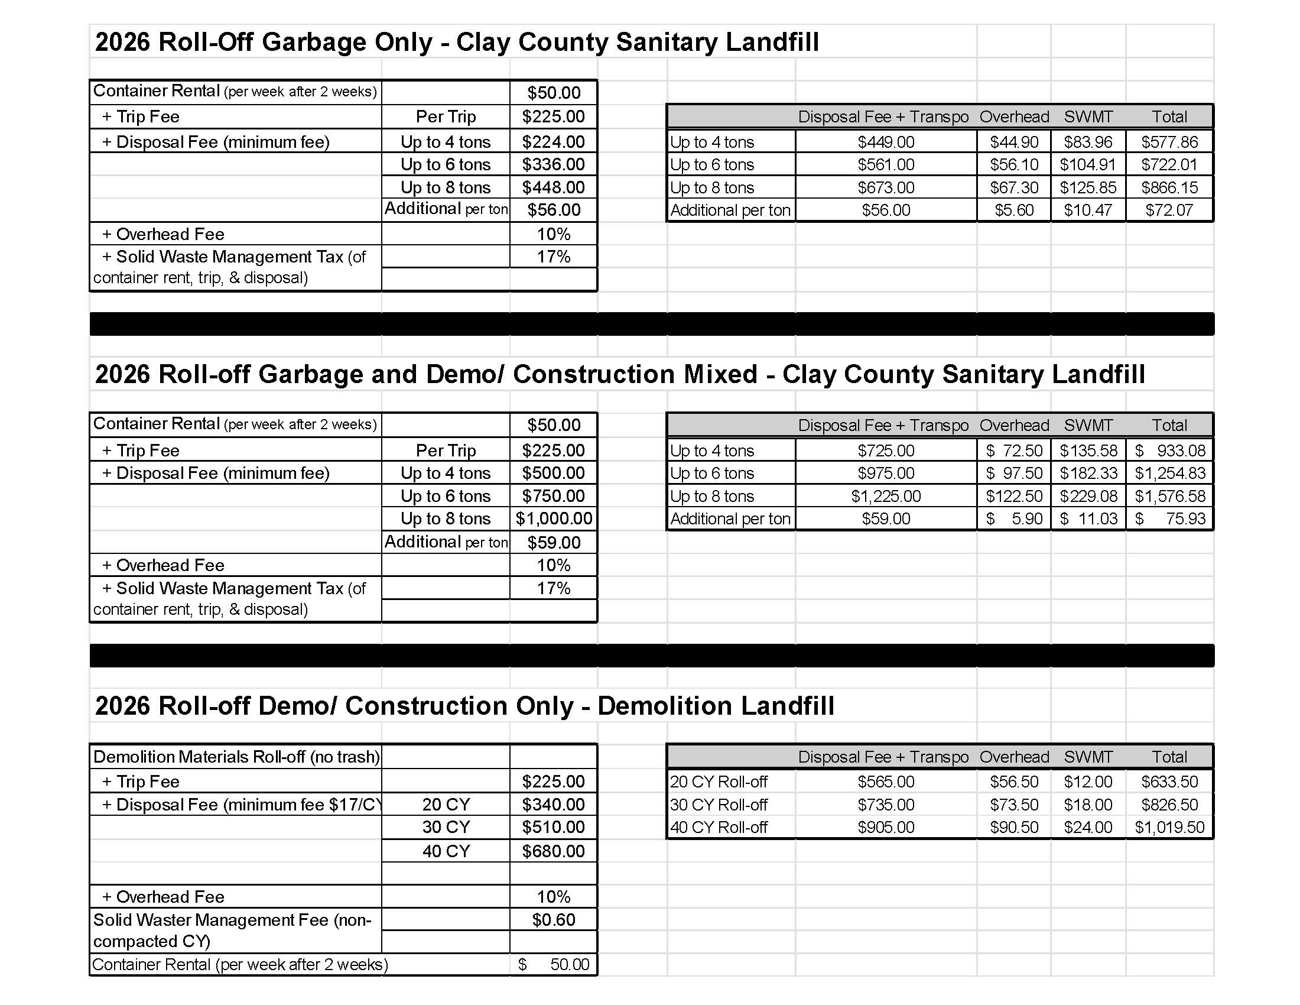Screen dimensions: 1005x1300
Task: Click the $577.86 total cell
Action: [x=1169, y=142]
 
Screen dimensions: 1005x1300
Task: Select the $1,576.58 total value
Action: [x=1169, y=496]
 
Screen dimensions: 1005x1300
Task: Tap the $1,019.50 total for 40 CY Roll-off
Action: [x=1169, y=827]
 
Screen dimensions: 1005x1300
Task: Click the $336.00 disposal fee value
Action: [x=553, y=164]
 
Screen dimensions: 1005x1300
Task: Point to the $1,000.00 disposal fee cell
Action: [x=554, y=518]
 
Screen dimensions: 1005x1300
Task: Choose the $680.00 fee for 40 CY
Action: [x=553, y=851]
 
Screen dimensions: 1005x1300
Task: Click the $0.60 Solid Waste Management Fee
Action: [x=553, y=920]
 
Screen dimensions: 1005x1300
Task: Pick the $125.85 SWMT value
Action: [x=1087, y=187]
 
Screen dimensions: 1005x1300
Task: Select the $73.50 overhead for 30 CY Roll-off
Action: [x=1013, y=805]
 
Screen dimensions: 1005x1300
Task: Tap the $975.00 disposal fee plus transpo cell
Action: [x=886, y=474]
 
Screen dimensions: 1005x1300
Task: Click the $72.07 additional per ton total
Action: [x=1169, y=210]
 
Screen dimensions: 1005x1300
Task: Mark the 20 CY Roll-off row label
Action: [x=719, y=782]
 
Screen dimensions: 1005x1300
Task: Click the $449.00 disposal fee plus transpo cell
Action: [x=886, y=142]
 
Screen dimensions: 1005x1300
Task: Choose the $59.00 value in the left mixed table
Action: [x=553, y=542]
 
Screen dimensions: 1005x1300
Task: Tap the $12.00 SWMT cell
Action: [x=1087, y=782]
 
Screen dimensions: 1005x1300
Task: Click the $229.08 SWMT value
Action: [x=1087, y=496]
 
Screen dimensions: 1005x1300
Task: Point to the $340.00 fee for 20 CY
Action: [x=553, y=805]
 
